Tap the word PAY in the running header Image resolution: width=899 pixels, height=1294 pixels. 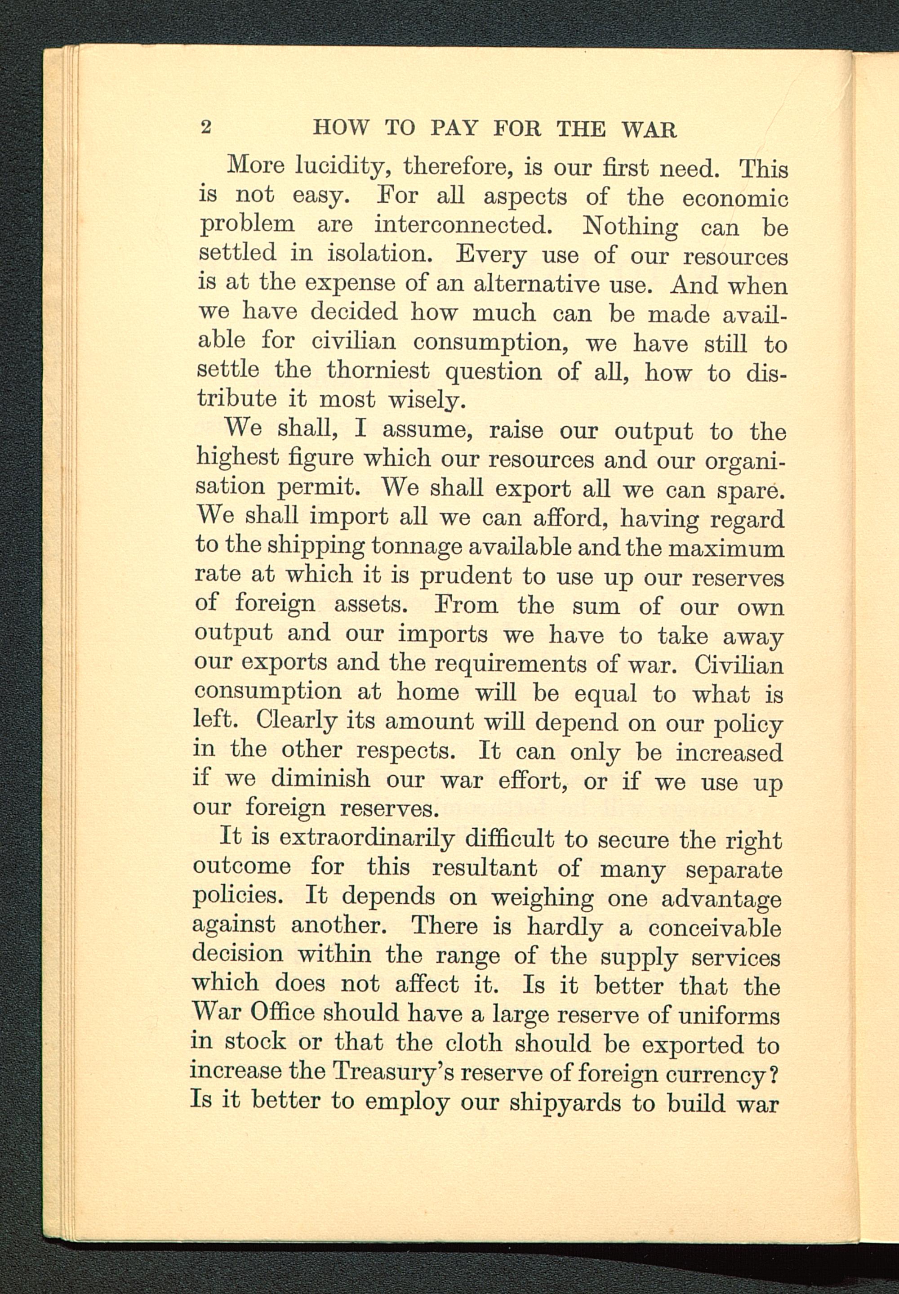454,129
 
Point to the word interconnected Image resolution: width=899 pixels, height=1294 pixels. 462,225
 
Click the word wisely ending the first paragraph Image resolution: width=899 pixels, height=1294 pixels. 427,401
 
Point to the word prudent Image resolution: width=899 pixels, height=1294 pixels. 465,576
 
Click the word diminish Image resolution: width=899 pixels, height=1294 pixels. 321,780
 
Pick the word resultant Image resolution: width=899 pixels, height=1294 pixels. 485,868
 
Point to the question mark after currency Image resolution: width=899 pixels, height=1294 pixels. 774,1075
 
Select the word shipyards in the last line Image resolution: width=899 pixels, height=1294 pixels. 565,1103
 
